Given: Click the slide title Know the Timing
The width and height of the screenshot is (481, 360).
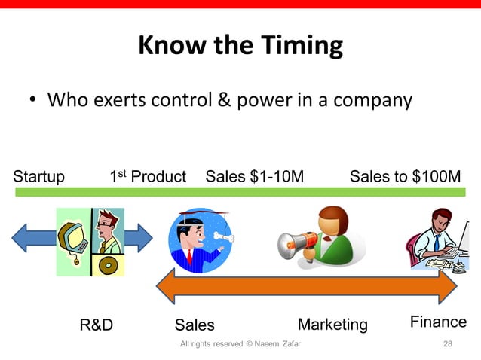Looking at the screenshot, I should tap(240, 47).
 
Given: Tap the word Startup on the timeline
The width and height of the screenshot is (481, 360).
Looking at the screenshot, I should tap(38, 177).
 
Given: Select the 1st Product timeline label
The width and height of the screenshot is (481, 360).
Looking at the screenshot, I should tap(148, 177).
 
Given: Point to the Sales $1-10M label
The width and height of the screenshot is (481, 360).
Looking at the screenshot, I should tap(255, 177).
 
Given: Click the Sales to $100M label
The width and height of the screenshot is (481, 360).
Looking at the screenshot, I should tap(405, 177).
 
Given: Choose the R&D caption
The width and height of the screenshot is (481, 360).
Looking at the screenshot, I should tap(97, 325).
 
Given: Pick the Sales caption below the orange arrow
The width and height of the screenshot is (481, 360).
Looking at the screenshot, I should tap(195, 325).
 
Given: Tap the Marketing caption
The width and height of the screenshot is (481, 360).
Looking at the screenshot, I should tap(332, 325).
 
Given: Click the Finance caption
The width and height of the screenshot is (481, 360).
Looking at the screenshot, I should tap(438, 322).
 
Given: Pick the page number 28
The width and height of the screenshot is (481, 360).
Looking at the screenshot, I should tap(448, 344).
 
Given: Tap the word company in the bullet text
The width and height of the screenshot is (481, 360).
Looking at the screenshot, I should tap(375, 99).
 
